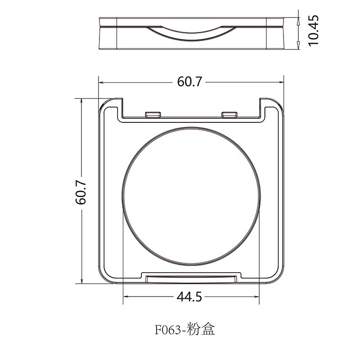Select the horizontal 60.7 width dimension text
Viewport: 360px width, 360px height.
coord(190,82)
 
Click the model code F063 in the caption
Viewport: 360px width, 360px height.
coord(168,330)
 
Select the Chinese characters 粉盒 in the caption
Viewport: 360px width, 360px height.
coord(201,329)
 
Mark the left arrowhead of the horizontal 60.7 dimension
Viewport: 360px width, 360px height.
coord(102,82)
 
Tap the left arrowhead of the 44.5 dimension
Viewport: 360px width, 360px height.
coord(126,297)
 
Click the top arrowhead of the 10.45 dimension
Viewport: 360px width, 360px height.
coord(299,21)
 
